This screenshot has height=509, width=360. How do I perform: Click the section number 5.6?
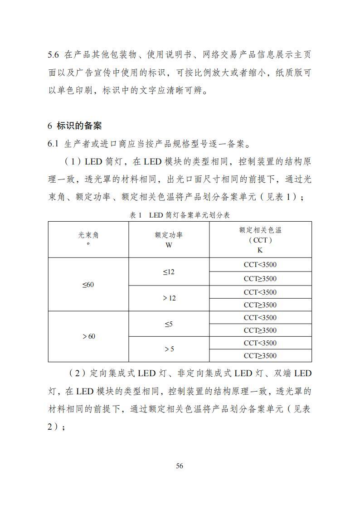(54, 55)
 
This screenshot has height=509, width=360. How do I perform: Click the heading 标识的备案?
(79, 126)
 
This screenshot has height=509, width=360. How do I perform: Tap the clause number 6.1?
(54, 144)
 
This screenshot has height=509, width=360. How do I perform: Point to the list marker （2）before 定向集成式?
(77, 373)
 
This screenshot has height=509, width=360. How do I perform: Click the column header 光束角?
(88, 235)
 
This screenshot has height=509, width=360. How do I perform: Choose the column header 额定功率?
(169, 235)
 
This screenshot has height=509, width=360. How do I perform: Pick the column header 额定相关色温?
(260, 230)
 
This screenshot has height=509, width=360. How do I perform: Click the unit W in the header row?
(169, 245)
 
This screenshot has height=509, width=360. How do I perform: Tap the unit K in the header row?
(260, 250)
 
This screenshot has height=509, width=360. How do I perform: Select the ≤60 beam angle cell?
(88, 285)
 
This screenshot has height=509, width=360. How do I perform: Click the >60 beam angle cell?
(88, 336)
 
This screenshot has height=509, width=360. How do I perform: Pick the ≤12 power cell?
(169, 272)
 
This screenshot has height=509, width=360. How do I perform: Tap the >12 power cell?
(169, 298)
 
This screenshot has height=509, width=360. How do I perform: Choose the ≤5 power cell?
(169, 324)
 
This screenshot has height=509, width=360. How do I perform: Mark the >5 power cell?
(169, 349)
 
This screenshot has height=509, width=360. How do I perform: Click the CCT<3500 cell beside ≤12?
(260, 265)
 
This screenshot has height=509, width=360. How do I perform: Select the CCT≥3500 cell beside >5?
(260, 356)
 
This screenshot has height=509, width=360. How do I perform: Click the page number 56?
(180, 466)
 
